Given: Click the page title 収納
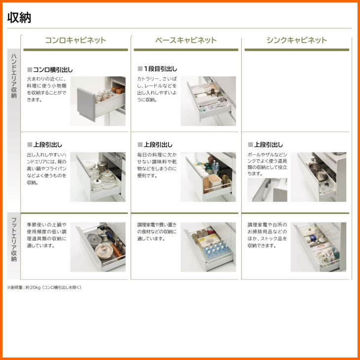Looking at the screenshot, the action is pos(19,18).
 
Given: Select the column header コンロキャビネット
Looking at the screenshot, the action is pos(75,40).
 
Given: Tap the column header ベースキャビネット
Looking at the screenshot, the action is pos(186,40).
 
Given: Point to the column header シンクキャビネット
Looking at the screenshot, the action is pos(297,40).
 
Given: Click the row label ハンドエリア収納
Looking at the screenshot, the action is pos(14,76).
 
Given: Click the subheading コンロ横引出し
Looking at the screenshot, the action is pos(53,70).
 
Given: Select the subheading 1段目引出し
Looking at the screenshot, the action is pos(160,69).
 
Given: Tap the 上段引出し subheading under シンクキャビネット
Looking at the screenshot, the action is pos(268,144).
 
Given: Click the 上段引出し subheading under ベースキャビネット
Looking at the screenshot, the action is pos(158,144).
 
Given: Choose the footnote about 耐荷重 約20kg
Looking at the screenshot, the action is pos(44,287).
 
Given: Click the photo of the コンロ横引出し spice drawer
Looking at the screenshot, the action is pos(98,101).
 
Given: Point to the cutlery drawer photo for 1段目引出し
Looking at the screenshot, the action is pos(208,101).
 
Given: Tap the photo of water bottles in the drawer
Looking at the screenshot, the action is pos(208,247).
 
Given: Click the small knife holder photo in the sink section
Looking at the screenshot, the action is pos(267,190).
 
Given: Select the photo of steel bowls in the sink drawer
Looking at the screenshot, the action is pos(319,177).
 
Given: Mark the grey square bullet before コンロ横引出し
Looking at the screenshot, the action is pos(30,70).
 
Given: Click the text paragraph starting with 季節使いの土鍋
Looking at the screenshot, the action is pos(47,235).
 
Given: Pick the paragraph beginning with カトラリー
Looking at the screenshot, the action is pos(157,89).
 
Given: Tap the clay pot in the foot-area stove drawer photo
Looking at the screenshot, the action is pos(104,251).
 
